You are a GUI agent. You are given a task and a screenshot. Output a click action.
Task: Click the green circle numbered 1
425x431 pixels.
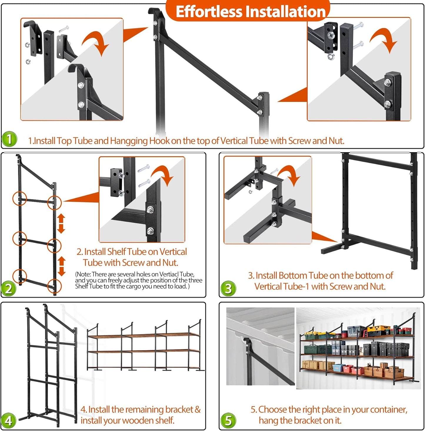[x=9, y=139]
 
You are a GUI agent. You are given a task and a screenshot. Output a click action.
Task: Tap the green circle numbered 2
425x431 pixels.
[x=9, y=288]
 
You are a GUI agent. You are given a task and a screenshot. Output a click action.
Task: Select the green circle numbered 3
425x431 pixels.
[x=229, y=288]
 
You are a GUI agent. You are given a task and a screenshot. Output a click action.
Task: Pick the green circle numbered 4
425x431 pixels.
[x=9, y=420]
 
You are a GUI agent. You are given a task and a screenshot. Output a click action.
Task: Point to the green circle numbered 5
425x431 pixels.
[x=229, y=420]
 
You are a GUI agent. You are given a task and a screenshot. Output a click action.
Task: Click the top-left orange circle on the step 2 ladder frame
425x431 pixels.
[x=20, y=199]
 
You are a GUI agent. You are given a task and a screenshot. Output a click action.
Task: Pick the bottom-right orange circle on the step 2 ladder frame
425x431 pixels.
[x=54, y=286]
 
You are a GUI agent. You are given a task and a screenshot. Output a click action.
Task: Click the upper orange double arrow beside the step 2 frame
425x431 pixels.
[x=61, y=223]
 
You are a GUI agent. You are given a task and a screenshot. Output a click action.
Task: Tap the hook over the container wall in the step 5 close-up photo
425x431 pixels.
[x=245, y=342]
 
